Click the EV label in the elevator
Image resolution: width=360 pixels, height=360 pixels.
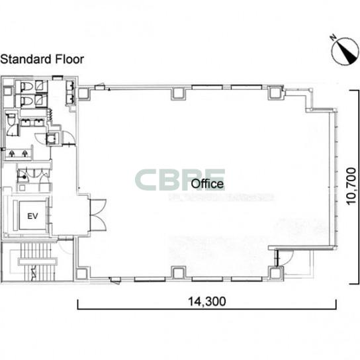pyautogui.click(x=32, y=216)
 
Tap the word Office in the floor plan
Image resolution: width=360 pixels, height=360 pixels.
pyautogui.click(x=207, y=184)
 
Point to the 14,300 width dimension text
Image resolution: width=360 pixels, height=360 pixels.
pyautogui.click(x=207, y=301)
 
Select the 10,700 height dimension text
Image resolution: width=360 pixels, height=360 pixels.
pyautogui.click(x=351, y=186)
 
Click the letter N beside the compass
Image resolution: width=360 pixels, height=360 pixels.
pyautogui.click(x=334, y=37)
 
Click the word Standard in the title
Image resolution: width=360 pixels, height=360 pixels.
pyautogui.click(x=26, y=59)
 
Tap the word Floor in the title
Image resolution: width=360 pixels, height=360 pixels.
pyautogui.click(x=69, y=59)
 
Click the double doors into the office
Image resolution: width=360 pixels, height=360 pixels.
pyautogui.click(x=98, y=215)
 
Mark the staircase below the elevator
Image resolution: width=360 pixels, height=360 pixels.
pyautogui.click(x=38, y=261)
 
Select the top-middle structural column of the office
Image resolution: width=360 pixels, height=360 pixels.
pyautogui.click(x=178, y=93)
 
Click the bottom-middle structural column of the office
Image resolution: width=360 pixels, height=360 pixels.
pyautogui.click(x=179, y=273)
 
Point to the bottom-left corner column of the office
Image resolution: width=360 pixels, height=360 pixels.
pyautogui.click(x=82, y=274)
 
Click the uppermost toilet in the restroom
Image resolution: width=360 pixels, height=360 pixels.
pyautogui.click(x=26, y=86)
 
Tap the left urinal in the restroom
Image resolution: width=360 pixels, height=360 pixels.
pyautogui.click(x=12, y=154)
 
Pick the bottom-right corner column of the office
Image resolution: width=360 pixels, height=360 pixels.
pyautogui.click(x=276, y=273)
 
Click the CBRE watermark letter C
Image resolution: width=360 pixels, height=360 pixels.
pyautogui.click(x=146, y=180)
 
